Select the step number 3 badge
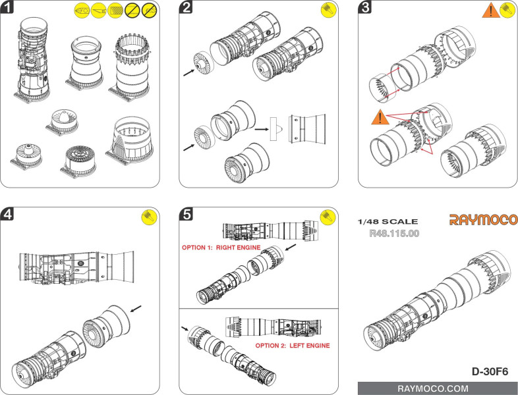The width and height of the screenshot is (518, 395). pyautogui.click(x=366, y=9)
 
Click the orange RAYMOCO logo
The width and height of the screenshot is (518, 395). pyautogui.click(x=484, y=220)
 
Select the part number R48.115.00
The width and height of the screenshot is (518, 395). pyautogui.click(x=392, y=233)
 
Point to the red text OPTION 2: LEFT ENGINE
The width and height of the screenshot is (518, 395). pyautogui.click(x=292, y=345)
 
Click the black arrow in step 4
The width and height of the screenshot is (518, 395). pyautogui.click(x=136, y=307)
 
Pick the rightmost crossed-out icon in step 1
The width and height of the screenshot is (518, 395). pyautogui.click(x=150, y=11)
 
